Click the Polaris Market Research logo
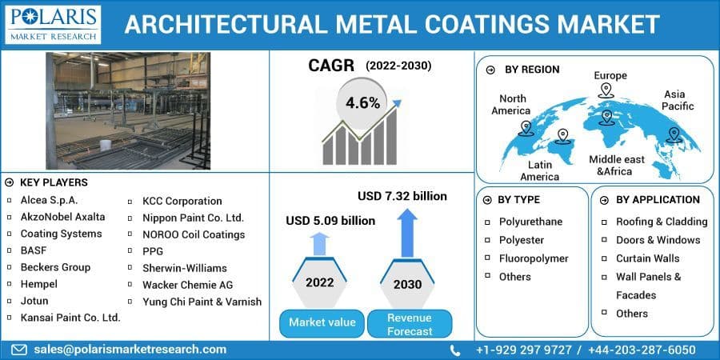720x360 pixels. (52, 24)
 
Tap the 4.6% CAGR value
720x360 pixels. (362, 103)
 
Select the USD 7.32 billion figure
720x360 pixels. (402, 196)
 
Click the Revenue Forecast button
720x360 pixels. (410, 324)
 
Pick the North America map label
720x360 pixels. (510, 104)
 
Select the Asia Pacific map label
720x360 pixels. (678, 100)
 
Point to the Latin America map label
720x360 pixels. (539, 170)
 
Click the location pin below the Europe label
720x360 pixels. (606, 90)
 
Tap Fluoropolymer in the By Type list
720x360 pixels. (534, 258)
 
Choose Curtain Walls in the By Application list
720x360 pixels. (647, 258)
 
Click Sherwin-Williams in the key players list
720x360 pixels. (184, 268)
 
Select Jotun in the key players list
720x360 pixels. (34, 301)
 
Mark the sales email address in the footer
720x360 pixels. (130, 350)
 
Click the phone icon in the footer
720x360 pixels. (455, 350)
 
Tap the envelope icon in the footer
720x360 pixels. (19, 350)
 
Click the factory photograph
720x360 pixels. (128, 110)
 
